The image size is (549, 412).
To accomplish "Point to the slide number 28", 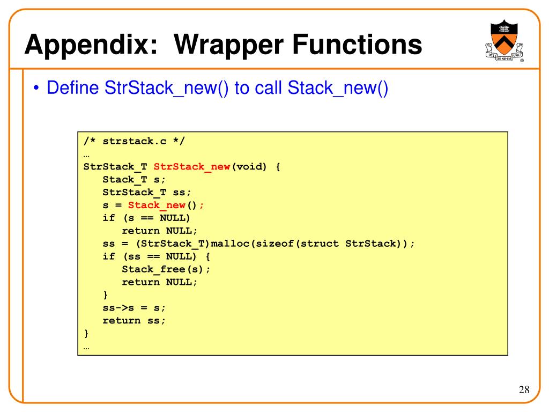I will tap(524, 389).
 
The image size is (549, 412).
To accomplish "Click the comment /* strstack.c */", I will tap(135, 141).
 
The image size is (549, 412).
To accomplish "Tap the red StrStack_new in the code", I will tap(192, 166).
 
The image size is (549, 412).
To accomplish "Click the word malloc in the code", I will tap(233, 244).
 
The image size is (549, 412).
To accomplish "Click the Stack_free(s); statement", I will tap(166, 269).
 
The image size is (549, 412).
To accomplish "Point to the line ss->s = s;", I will tap(134, 308).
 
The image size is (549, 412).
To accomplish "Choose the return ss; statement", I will tap(134, 321).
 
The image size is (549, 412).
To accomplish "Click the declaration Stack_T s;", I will tap(134, 179).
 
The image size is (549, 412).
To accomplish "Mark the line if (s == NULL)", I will tap(146, 218).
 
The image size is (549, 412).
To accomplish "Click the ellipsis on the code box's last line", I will tap(87, 347).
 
